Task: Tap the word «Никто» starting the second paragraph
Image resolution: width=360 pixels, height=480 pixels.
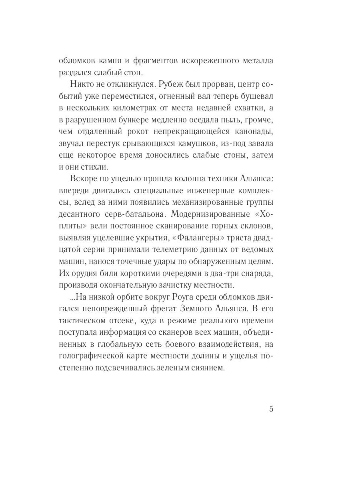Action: (83, 85)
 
